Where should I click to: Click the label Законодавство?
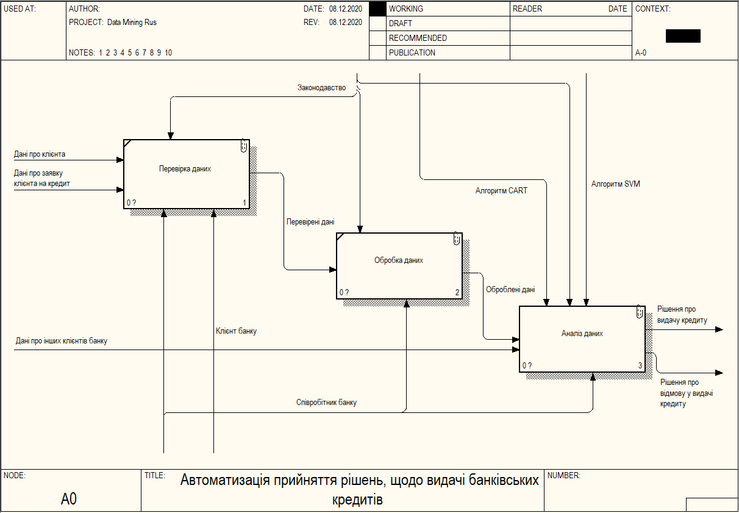pyautogui.click(x=321, y=88)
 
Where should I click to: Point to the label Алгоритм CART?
pyautogui.click(x=501, y=191)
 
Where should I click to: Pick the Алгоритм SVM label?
pyautogui.click(x=616, y=184)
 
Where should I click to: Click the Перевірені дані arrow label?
pyautogui.click(x=310, y=223)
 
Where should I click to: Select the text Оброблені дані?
pyautogui.click(x=510, y=290)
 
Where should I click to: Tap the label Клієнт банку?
pyautogui.click(x=236, y=331)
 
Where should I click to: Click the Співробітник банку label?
pyautogui.click(x=326, y=403)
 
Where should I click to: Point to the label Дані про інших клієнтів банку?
pyautogui.click(x=62, y=341)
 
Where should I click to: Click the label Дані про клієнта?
pyautogui.click(x=40, y=154)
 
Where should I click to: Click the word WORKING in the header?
pyautogui.click(x=405, y=9)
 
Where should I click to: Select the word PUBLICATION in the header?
pyautogui.click(x=412, y=53)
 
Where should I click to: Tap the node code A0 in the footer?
pyautogui.click(x=69, y=500)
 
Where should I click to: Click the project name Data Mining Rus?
pyautogui.click(x=132, y=23)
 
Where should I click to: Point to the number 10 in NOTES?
pyautogui.click(x=168, y=53)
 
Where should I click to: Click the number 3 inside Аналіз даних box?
pyautogui.click(x=640, y=366)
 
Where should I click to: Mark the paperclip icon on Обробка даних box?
pyautogui.click(x=457, y=239)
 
